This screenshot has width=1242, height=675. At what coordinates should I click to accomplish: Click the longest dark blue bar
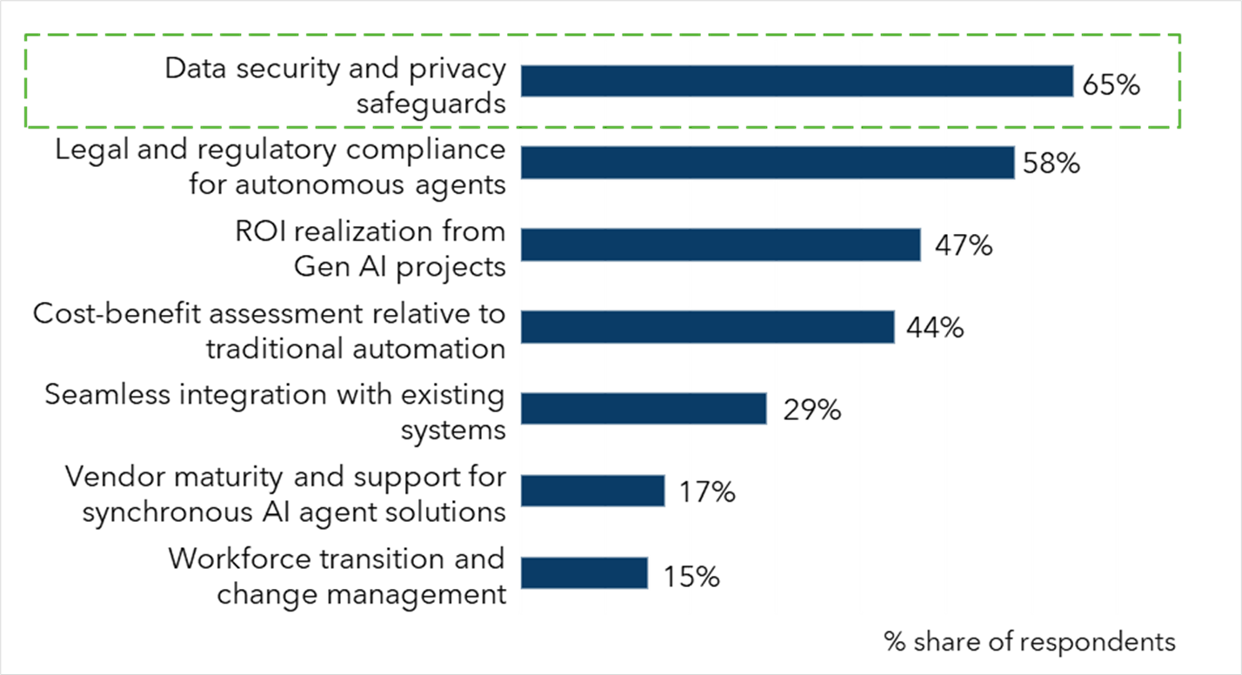tap(797, 81)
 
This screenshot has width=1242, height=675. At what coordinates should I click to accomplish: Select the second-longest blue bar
tap(767, 163)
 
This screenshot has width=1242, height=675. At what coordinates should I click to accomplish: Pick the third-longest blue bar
tap(720, 244)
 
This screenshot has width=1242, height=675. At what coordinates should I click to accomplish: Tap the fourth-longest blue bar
tap(707, 327)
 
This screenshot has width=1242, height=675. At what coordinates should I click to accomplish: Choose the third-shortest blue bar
tap(644, 409)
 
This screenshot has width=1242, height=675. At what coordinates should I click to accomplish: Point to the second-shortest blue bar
tap(592, 491)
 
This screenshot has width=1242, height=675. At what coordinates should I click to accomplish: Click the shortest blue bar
tap(584, 573)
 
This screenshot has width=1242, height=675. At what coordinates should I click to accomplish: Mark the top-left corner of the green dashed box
tap(26, 35)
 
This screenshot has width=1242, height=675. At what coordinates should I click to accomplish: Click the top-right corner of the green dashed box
tap(1179, 35)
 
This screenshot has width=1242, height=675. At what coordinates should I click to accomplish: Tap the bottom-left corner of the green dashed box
tap(26, 127)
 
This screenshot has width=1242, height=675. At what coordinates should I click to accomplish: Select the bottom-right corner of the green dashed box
tap(1179, 127)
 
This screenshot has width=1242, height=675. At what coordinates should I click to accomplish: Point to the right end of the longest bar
tap(1074, 81)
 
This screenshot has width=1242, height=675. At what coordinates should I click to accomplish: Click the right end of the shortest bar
tap(649, 573)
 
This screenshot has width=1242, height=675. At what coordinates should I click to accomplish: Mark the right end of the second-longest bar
tap(1016, 163)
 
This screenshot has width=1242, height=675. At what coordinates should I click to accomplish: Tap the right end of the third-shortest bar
tap(767, 409)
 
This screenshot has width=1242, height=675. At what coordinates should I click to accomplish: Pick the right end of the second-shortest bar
tap(665, 491)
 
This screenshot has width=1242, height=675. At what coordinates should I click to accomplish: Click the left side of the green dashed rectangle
tap(26, 81)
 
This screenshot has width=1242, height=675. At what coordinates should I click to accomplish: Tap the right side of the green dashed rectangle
tap(1179, 81)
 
